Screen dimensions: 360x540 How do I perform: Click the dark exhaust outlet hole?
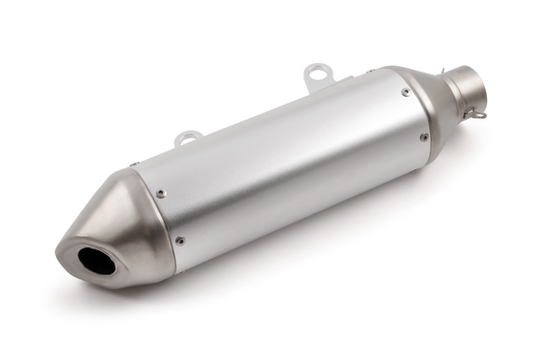97,260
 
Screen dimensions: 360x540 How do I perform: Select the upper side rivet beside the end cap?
161,193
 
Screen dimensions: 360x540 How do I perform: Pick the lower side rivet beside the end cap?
180,240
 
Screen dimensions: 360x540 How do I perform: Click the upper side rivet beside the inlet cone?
405,91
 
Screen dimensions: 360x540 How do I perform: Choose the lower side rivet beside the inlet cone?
424,137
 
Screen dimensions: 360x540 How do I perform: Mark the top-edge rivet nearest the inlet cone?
370,72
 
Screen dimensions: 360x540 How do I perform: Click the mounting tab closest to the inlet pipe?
318,75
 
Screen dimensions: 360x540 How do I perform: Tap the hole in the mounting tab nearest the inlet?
318,70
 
